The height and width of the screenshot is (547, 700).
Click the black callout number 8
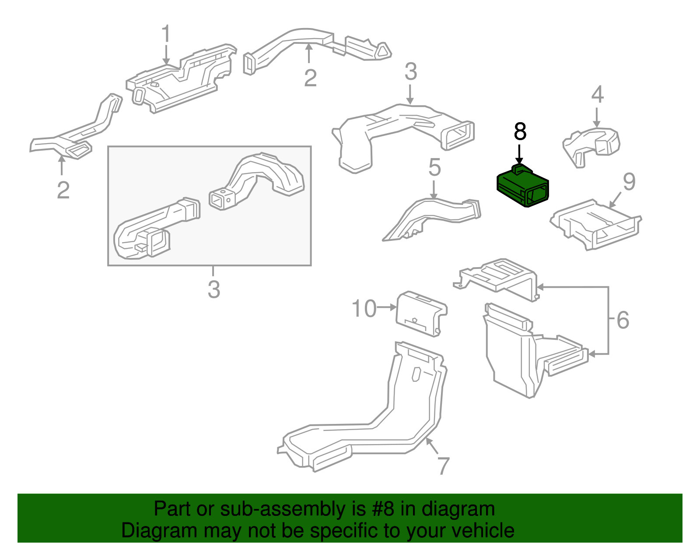(x=520, y=131)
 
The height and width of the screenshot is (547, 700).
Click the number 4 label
(x=598, y=95)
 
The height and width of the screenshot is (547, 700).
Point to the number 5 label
(x=434, y=168)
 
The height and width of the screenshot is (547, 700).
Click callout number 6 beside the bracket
(x=623, y=320)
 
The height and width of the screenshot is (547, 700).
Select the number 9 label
(x=629, y=182)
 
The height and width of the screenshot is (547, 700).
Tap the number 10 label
(x=364, y=309)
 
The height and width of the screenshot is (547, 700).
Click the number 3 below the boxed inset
(x=213, y=289)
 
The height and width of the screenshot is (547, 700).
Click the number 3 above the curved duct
(x=410, y=72)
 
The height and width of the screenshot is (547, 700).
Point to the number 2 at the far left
(x=63, y=191)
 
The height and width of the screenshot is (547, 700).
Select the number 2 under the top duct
(x=310, y=78)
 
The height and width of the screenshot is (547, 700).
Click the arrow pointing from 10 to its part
(x=387, y=307)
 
